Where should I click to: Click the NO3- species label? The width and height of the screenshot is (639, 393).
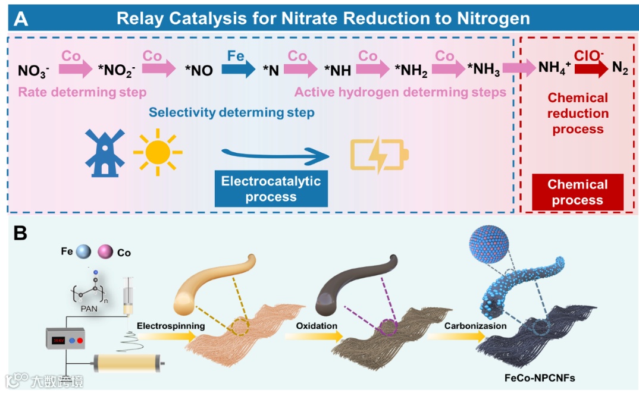33,71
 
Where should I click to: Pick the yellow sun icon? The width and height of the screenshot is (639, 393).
157,152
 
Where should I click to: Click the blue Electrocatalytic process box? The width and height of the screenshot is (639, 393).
271,189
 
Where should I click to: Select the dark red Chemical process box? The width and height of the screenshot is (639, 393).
577,192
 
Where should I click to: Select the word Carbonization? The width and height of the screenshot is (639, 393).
475,326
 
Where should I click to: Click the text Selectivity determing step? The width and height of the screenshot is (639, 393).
231,112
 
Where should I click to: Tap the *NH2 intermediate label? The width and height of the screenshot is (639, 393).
411,71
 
